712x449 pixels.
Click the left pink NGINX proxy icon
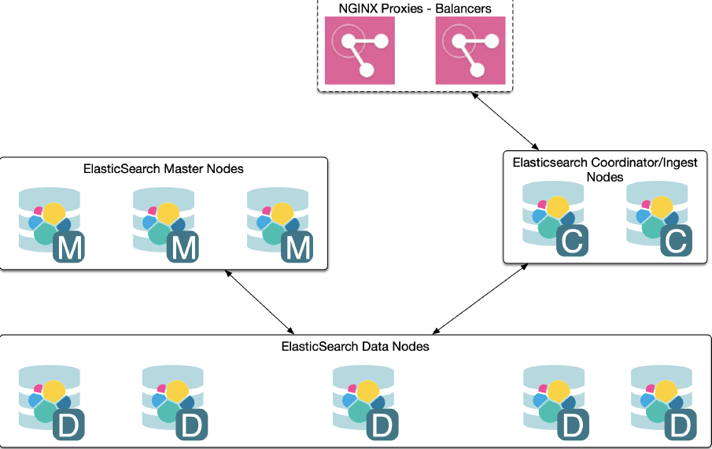click(x=360, y=51)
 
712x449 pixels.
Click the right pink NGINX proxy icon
click(x=469, y=51)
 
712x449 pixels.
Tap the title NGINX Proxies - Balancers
click(x=415, y=8)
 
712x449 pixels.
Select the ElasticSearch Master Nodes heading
click(x=164, y=168)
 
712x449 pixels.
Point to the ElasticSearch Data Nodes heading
click(x=355, y=346)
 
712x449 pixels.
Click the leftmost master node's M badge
click(x=68, y=249)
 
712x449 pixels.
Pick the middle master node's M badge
click(x=183, y=249)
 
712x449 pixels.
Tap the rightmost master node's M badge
click(x=297, y=249)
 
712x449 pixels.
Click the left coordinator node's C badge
click(x=572, y=241)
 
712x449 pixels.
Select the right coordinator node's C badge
click(x=675, y=241)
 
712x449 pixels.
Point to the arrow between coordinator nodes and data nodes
click(x=480, y=299)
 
